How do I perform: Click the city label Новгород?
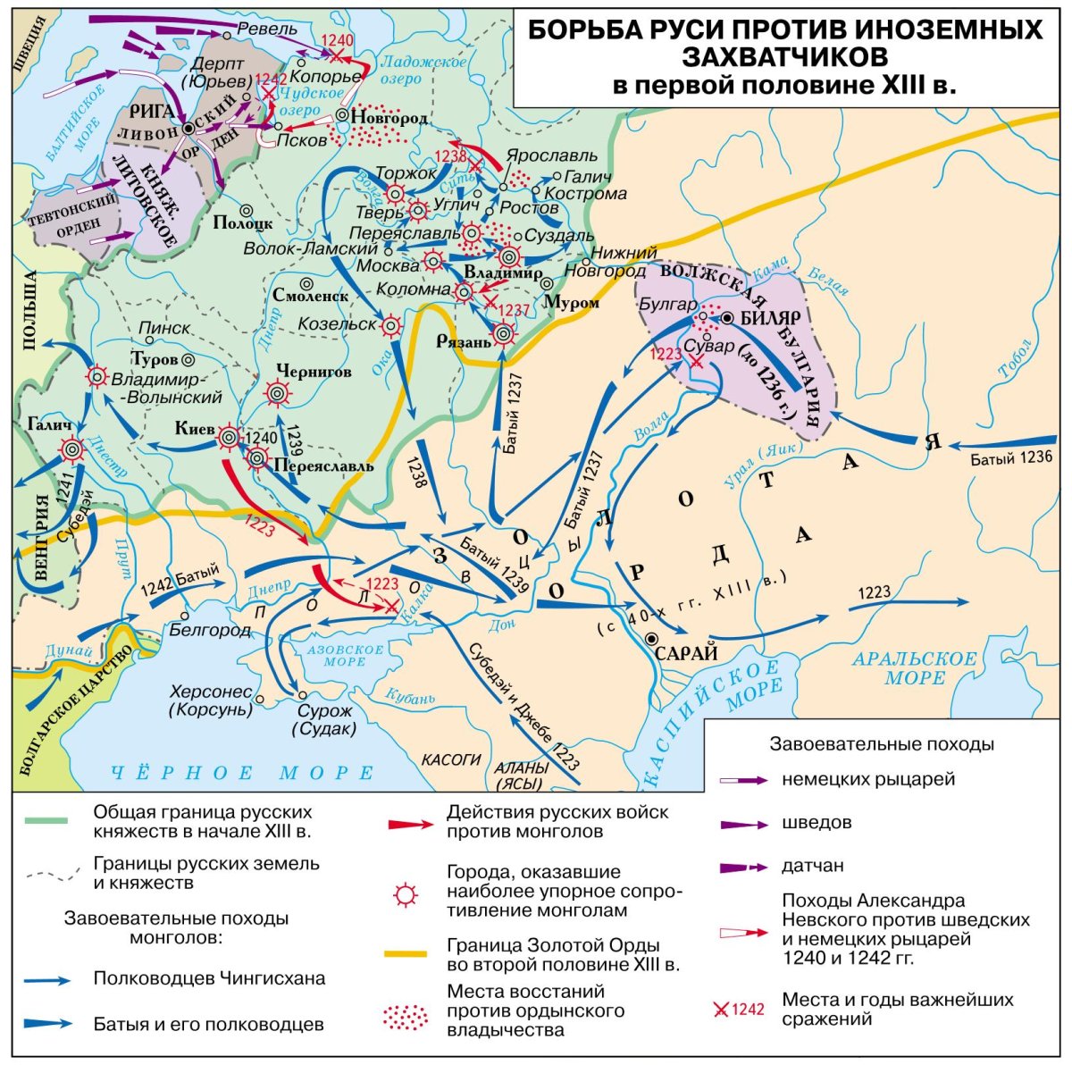tap(389, 118)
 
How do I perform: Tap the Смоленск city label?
tap(311, 295)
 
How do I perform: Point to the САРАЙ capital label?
tap(686, 653)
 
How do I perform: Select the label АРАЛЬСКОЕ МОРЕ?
tap(914, 667)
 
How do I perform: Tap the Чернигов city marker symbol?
tap(278, 391)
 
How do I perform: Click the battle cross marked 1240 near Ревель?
tap(338, 55)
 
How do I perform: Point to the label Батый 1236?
tap(1012, 458)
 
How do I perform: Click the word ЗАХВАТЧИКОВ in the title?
tap(784, 57)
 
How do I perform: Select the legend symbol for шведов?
tap(742, 823)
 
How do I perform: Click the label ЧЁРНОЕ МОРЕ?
tap(241, 773)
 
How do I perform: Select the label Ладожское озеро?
tap(423, 70)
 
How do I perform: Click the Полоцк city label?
tap(243, 223)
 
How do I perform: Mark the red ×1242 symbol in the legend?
tap(739, 1010)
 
